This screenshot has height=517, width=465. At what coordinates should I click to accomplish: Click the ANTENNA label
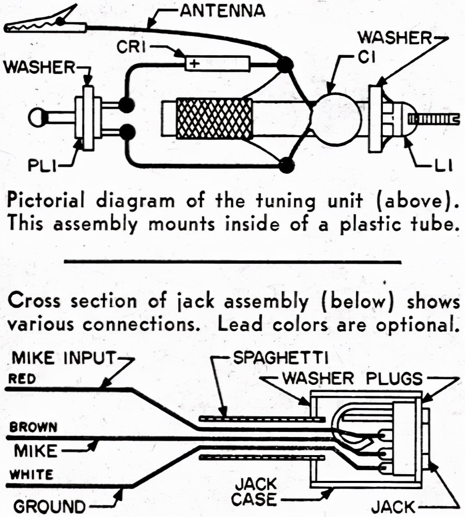[x=223, y=10]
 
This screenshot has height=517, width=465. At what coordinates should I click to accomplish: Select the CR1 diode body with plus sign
[x=218, y=63]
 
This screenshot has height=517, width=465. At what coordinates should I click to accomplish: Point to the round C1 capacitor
[x=336, y=119]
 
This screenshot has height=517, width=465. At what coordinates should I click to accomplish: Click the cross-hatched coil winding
[x=214, y=119]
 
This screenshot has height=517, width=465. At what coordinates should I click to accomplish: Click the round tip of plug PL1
[x=37, y=118]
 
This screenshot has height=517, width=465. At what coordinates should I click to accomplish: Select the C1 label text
[x=367, y=58]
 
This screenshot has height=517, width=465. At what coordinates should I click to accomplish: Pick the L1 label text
[x=443, y=167]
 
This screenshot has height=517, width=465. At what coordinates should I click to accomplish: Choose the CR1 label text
[x=131, y=47]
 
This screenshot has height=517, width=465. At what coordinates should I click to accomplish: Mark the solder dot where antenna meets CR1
[x=284, y=64]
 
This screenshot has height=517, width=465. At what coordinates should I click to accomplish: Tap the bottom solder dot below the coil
[x=286, y=165]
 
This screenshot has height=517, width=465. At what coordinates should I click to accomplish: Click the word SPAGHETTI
[x=281, y=358]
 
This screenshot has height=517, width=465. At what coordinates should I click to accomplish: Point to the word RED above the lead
[x=22, y=379]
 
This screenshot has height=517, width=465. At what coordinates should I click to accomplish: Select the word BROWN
[x=34, y=427]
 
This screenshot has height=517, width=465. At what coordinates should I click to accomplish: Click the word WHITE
[x=32, y=475]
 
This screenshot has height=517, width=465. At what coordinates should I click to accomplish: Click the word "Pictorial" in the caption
[x=46, y=201]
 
